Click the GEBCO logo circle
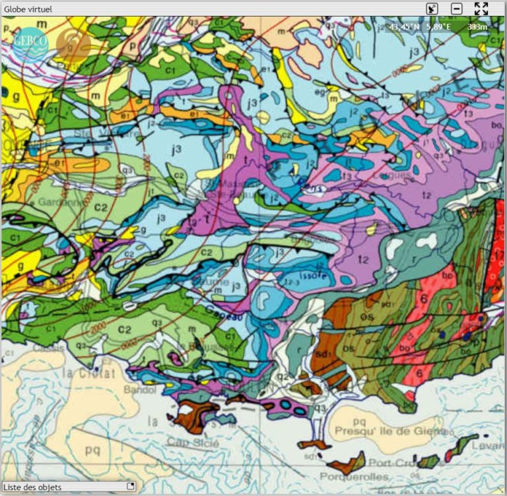point(31,43)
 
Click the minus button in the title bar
point(456,9)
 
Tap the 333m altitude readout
point(477,27)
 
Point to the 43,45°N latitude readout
point(404,27)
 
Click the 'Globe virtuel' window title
point(28,9)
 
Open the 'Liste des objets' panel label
point(32,487)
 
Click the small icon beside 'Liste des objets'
point(130,487)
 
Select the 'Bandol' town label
point(138,389)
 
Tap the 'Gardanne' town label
point(62,202)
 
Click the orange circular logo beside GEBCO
point(73,43)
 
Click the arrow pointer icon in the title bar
point(431,9)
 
